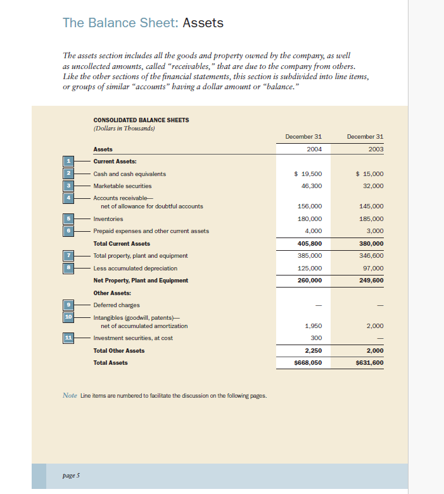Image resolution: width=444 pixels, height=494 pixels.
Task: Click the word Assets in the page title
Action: (x=203, y=23)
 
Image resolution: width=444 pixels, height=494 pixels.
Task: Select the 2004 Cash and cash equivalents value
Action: (x=308, y=174)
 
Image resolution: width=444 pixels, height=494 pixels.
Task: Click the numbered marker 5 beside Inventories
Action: (x=68, y=218)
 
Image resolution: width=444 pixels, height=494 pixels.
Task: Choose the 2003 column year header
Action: (x=374, y=149)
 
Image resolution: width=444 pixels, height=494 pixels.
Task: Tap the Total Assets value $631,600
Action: (x=370, y=363)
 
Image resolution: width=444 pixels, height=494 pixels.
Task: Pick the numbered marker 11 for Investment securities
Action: (x=68, y=338)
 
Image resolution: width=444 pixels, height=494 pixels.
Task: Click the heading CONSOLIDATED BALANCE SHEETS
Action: (x=141, y=120)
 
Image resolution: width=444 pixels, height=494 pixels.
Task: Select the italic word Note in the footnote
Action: (x=70, y=396)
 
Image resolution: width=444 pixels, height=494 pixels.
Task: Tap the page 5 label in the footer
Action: (x=71, y=474)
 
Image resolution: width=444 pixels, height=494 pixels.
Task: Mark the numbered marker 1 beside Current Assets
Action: (x=68, y=161)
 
